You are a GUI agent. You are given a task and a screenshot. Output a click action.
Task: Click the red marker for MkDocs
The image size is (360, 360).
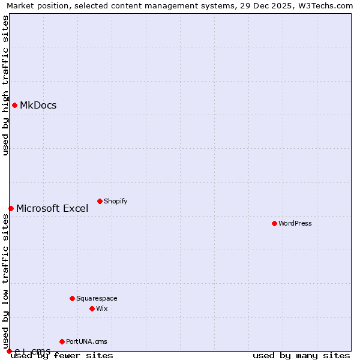pyautogui.click(x=14, y=106)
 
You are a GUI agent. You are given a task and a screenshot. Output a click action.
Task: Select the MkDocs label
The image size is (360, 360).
pyautogui.click(x=38, y=106)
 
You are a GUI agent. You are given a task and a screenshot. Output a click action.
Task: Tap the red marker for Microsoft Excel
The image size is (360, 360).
pyautogui.click(x=11, y=208)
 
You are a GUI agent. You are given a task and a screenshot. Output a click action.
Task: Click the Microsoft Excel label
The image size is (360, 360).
pyautogui.click(x=52, y=209)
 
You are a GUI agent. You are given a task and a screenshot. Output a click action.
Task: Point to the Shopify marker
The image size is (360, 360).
pyautogui.click(x=100, y=201)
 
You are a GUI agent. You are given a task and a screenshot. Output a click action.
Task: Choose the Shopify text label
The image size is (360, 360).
pyautogui.click(x=115, y=201)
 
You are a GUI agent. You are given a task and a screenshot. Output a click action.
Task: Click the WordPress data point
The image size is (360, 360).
pyautogui.click(x=274, y=223)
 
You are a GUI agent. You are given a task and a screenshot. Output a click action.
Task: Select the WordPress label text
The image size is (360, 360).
pyautogui.click(x=295, y=223)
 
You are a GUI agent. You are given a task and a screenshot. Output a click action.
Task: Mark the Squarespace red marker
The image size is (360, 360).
pyautogui.click(x=72, y=298)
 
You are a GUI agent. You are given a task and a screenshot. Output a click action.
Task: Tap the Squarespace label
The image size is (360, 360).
pyautogui.click(x=97, y=298)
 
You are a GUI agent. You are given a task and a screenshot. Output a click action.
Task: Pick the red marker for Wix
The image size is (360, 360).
pyautogui.click(x=92, y=308)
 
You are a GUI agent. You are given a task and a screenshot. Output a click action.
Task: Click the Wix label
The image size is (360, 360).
pyautogui.click(x=102, y=308)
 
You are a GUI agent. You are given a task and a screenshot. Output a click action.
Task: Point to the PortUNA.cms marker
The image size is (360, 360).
pyautogui.click(x=62, y=341)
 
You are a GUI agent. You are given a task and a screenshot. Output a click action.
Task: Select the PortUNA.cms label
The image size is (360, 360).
pyautogui.click(x=86, y=341)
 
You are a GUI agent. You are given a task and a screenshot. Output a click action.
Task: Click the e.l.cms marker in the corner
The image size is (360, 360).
pyautogui.click(x=9, y=351)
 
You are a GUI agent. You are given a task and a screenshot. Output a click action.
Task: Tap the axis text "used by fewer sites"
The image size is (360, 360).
pyautogui.click(x=62, y=356)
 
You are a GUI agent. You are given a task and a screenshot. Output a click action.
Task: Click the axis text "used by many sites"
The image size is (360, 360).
pyautogui.click(x=301, y=356)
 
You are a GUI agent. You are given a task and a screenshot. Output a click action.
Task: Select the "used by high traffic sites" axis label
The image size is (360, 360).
pyautogui.click(x=6, y=85)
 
